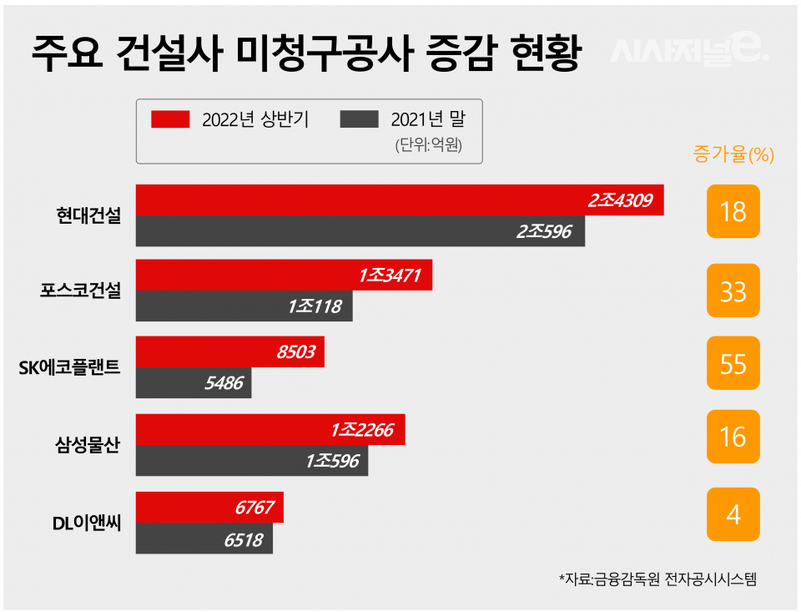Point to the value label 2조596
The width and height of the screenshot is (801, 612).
(x=544, y=231)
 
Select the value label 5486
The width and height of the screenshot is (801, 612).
(x=222, y=383)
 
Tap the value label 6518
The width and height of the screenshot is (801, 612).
(x=243, y=540)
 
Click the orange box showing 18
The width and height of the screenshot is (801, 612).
(x=733, y=211)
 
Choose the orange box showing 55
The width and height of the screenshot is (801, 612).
(x=733, y=363)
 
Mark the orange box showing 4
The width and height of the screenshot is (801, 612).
(x=733, y=514)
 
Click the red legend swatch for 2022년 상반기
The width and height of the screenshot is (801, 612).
(x=171, y=119)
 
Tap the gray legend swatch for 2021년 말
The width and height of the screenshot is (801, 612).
(x=360, y=119)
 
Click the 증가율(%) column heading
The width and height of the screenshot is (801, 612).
(x=733, y=154)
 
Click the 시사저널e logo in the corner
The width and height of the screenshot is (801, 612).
(x=688, y=52)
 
